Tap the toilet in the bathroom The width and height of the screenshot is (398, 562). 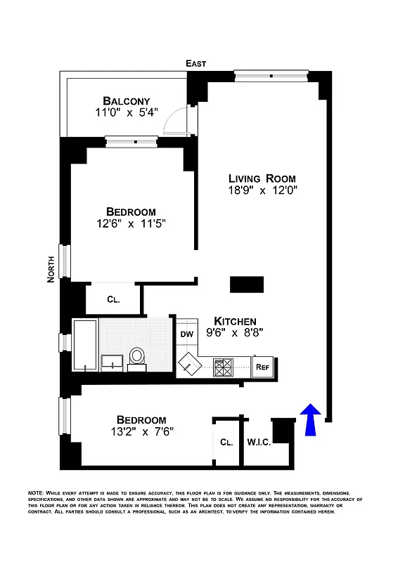point(137,358)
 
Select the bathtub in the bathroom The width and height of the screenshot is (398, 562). point(85,345)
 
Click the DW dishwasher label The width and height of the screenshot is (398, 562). point(187,334)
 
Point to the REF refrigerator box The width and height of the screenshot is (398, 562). point(262,366)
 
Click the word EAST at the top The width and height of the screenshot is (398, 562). point(196,64)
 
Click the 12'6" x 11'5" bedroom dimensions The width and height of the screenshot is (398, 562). point(131,225)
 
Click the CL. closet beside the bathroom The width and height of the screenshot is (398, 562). point(113,299)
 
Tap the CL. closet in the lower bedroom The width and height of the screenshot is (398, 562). point(226,443)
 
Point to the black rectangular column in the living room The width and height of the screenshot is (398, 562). point(247,284)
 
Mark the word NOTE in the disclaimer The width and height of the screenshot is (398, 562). point(37,493)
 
